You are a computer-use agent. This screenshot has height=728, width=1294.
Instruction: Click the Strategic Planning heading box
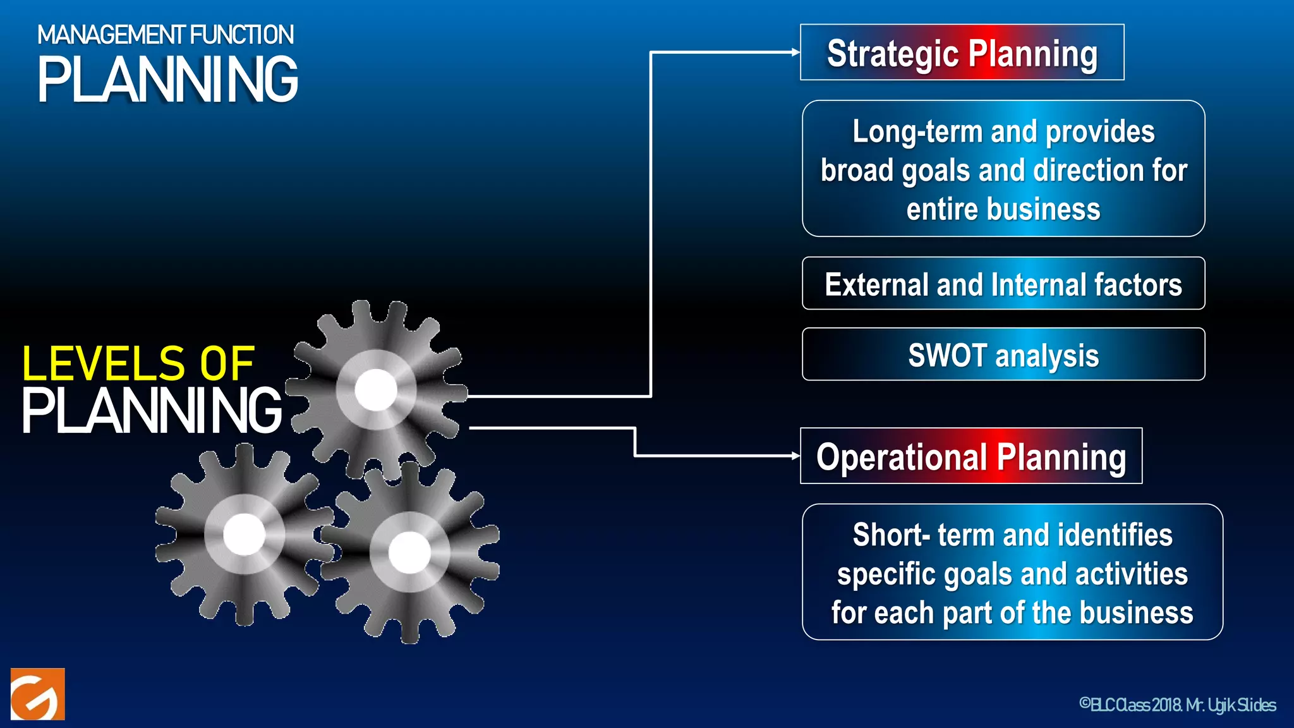tap(962, 52)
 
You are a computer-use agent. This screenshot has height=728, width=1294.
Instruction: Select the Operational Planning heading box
tap(970, 456)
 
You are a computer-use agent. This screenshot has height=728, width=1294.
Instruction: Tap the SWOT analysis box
tap(1003, 355)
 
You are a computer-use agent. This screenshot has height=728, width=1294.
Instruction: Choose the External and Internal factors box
tap(1003, 284)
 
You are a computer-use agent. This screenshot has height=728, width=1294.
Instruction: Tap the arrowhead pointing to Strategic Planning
tap(795, 52)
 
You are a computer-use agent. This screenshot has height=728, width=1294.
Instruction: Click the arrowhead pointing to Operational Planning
tap(795, 456)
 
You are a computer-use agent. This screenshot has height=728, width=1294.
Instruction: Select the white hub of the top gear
tap(376, 390)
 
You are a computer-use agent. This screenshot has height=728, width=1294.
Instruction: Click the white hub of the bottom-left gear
tap(244, 535)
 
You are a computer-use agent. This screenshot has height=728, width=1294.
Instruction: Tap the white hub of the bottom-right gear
tap(409, 552)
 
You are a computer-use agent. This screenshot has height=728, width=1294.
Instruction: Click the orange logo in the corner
tap(38, 694)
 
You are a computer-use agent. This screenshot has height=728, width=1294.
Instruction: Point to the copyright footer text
tap(1178, 705)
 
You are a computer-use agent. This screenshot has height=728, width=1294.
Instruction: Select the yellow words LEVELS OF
tap(138, 363)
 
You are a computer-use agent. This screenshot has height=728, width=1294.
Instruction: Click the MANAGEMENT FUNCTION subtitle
tap(166, 35)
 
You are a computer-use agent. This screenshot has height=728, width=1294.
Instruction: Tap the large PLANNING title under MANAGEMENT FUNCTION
tap(168, 80)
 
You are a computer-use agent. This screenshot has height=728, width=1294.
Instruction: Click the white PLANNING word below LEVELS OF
tap(152, 411)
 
